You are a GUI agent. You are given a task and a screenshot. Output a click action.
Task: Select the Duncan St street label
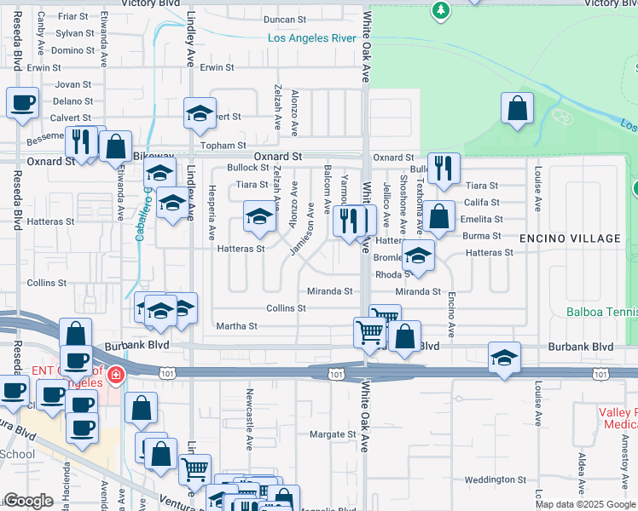tap(285, 20)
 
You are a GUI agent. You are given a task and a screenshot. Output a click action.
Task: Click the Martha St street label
tap(237, 326)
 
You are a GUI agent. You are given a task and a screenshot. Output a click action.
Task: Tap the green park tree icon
tap(441, 9)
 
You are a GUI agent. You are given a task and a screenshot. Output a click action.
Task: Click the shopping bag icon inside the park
tap(517, 108)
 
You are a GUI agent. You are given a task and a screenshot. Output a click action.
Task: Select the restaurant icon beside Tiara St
tap(443, 169)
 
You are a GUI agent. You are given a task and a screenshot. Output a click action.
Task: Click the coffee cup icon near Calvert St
tap(23, 103)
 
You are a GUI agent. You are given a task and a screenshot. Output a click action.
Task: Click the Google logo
tap(28, 501)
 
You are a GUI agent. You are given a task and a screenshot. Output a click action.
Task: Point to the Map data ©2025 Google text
tap(585, 504)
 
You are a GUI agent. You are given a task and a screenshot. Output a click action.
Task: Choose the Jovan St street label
tap(73, 84)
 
